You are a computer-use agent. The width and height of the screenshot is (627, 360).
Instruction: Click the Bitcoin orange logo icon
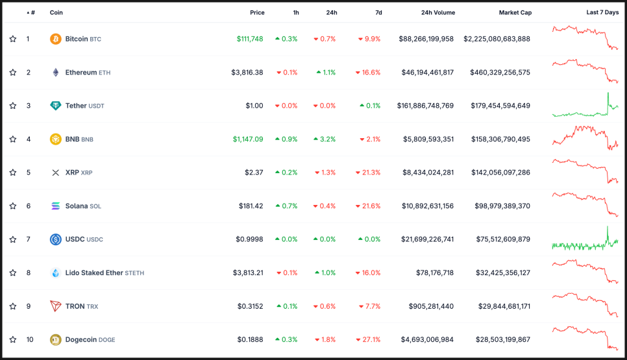[x=56, y=39]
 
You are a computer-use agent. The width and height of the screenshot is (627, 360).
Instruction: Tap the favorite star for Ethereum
[x=13, y=73]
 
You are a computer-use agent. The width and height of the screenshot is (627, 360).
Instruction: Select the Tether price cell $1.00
[x=254, y=106]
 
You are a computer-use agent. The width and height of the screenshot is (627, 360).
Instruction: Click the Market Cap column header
[x=515, y=12]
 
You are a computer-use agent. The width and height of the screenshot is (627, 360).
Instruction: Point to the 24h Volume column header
[x=437, y=12]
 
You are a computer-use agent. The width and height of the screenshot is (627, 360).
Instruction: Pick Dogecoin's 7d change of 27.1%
[x=367, y=340]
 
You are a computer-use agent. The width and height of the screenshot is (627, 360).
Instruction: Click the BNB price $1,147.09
[x=248, y=139]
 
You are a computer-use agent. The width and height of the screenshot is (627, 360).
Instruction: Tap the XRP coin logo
[x=56, y=173]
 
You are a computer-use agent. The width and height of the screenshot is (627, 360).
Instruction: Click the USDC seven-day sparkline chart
[x=585, y=240]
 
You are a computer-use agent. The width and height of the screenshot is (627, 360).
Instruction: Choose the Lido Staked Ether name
[x=94, y=273]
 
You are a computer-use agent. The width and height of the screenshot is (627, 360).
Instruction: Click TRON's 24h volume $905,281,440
[x=431, y=306]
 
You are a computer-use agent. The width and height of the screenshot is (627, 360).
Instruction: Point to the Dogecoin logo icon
[x=56, y=340]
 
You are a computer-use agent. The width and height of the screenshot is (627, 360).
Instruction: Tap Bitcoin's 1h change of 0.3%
[x=286, y=39]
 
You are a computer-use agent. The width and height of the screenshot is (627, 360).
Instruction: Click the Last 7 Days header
[x=602, y=12]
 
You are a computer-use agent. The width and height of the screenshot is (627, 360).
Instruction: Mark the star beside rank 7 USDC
[x=13, y=239]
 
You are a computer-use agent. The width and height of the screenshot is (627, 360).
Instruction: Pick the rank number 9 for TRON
[x=29, y=306]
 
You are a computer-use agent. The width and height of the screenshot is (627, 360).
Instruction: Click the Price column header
[x=257, y=12]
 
